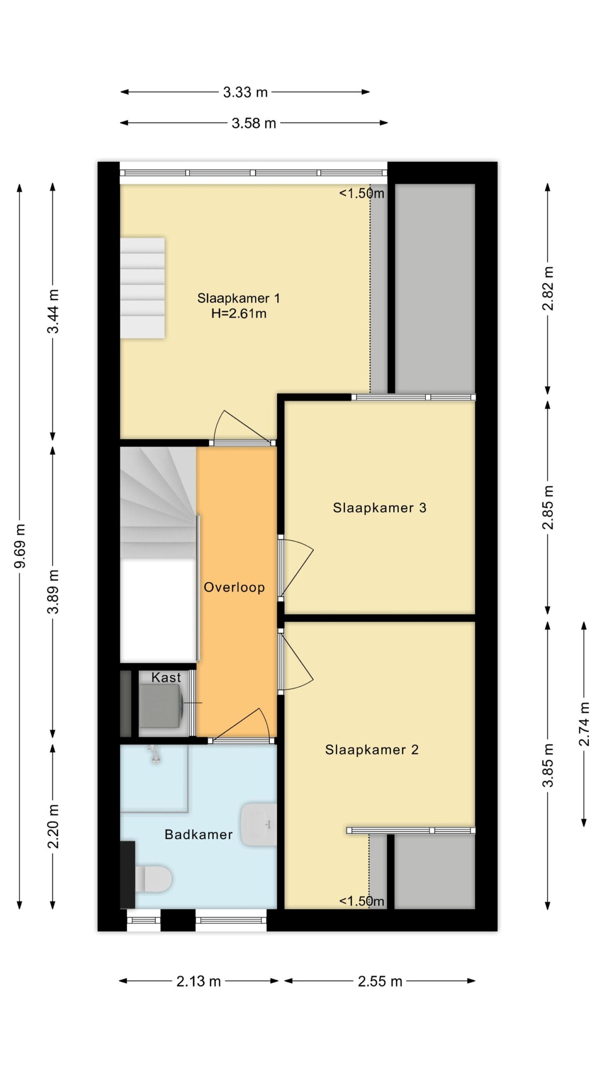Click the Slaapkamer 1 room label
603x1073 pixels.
[238, 298]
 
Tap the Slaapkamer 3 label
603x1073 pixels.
[379, 508]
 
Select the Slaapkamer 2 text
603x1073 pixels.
[372, 749]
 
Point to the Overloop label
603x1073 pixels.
[234, 587]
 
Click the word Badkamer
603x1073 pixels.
[198, 835]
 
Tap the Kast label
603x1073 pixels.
[166, 677]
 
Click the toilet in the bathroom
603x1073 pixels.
[153, 879]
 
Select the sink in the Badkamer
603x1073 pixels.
[259, 824]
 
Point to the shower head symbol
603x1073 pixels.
[155, 754]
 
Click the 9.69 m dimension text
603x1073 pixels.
[20, 546]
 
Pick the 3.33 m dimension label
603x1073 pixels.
[245, 92]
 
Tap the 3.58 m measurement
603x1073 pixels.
[254, 123]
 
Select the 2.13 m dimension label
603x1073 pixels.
[198, 981]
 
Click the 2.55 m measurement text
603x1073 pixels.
[380, 981]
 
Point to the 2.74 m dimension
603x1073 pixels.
[584, 724]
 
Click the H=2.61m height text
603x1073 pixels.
[239, 314]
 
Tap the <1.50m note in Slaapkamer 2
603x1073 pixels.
[361, 901]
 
